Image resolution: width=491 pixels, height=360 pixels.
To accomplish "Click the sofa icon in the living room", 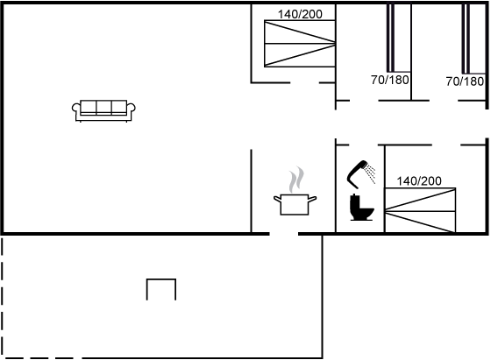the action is coord(103,110).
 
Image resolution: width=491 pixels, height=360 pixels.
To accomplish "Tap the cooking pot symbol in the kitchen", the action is coord(295,204).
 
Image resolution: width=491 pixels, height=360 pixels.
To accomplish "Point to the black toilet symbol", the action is coord(361,208).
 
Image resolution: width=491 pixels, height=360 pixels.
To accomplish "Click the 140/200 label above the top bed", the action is coord(300,14).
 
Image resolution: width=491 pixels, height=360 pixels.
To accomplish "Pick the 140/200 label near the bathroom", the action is coord(419,180).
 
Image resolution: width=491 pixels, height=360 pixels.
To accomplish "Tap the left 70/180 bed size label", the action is coord(390,80).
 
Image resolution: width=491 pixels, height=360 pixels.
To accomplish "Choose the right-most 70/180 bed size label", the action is coord(465,81).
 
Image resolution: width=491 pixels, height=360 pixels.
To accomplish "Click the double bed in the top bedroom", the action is coord(300,44).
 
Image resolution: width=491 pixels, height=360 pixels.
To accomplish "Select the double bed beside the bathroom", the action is coord(420,210).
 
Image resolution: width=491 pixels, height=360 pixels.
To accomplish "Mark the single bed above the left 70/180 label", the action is coord(399,38).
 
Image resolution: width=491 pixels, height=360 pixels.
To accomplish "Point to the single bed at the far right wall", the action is coord(474,39).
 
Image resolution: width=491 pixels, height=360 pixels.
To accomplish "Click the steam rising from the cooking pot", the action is coord(296,180).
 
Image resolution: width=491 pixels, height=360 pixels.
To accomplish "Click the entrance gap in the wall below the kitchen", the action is coord(284,234).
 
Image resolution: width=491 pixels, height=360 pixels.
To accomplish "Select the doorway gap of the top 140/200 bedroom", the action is coord(305,83).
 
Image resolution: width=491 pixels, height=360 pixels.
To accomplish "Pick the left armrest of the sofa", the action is coord(76,109).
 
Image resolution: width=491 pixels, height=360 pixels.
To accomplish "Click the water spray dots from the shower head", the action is coord(371,173).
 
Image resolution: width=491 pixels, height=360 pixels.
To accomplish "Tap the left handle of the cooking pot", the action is coord(277,199).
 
